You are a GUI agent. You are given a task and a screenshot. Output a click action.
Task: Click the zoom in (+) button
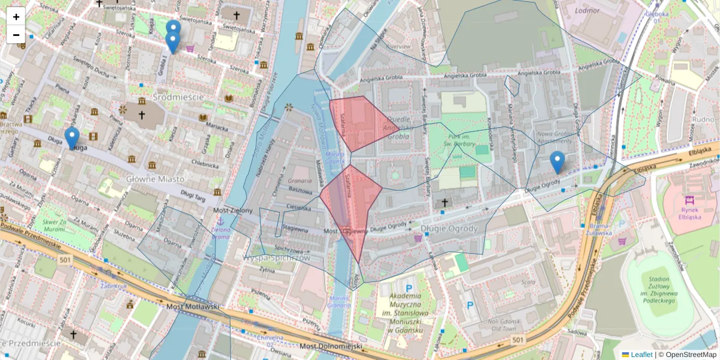16,17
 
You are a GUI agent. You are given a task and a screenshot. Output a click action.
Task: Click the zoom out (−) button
16,35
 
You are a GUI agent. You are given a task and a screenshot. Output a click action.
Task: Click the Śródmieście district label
178,97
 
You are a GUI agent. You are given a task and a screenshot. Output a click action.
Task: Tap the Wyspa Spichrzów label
276,257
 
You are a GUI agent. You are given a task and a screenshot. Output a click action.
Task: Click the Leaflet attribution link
641,355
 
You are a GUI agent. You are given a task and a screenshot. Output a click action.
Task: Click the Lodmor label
587,10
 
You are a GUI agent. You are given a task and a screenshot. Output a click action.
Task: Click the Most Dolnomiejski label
331,346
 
